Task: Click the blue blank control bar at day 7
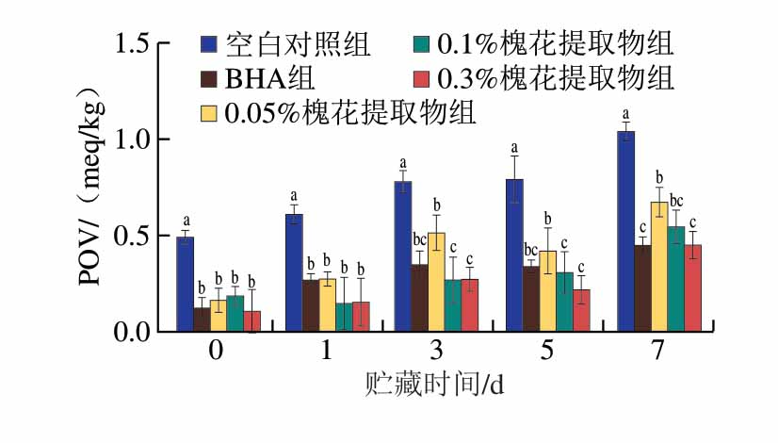tap(626, 231)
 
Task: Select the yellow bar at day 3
tap(436, 282)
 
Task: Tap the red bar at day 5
tap(581, 310)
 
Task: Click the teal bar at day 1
tap(345, 317)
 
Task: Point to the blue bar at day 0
tap(186, 284)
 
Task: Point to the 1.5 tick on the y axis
tap(136, 42)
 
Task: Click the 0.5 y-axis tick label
tap(136, 236)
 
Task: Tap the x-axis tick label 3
tap(436, 351)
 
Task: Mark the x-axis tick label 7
tap(658, 351)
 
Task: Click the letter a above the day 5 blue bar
tap(514, 148)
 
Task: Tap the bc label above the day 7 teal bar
tap(676, 200)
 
